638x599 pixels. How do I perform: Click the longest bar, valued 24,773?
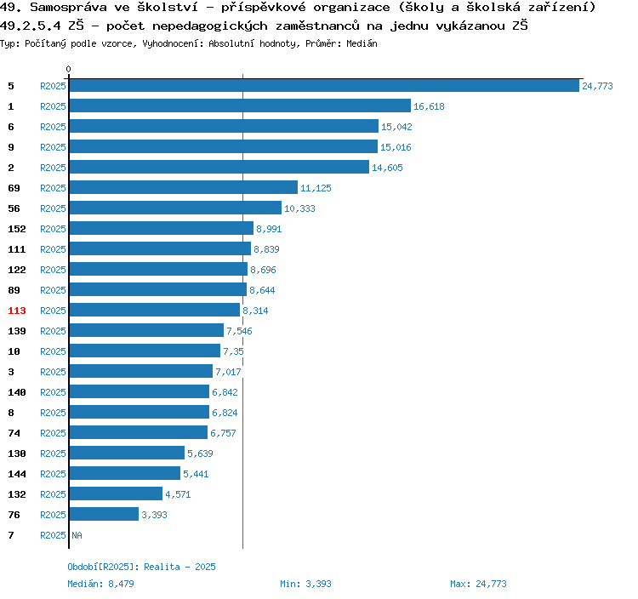(323, 86)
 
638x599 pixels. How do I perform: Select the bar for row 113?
(154, 311)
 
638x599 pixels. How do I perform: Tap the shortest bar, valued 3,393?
(104, 515)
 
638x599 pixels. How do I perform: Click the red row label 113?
(17, 311)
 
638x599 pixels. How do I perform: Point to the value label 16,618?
(429, 106)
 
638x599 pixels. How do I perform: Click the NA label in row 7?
(77, 535)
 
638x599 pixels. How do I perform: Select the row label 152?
(17, 229)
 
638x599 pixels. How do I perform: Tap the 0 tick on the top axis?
(69, 69)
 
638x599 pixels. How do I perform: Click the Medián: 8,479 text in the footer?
(100, 584)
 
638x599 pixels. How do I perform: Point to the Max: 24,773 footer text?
(478, 584)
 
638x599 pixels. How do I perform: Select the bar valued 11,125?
(183, 188)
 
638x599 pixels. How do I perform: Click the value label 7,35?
(233, 351)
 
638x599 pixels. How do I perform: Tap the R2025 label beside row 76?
(53, 515)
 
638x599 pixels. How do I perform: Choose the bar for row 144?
(124, 474)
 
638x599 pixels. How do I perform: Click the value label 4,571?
(179, 494)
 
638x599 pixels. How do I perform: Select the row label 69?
(14, 188)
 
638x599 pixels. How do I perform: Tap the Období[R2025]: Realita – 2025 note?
(141, 567)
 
